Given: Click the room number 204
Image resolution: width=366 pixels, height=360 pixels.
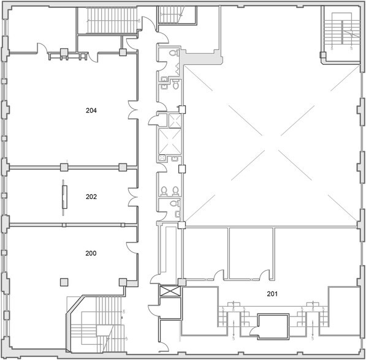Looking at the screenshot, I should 91,111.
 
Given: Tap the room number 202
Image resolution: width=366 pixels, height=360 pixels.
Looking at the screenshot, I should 91,197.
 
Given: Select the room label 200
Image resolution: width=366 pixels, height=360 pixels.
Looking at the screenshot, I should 91,253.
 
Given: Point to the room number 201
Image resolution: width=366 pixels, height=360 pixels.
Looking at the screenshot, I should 273,294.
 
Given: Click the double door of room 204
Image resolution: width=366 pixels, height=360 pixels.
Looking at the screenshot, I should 133,111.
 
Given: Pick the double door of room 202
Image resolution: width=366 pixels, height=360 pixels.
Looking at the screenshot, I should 133,197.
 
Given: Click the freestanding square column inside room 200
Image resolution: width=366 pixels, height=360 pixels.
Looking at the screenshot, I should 63,281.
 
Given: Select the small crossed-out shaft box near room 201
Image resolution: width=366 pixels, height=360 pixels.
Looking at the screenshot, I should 169,292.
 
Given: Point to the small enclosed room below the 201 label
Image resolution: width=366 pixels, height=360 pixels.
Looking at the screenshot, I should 272,325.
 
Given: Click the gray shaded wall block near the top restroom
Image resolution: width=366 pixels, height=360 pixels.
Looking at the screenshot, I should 202,58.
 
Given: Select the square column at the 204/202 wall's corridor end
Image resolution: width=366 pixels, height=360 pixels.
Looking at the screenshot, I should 123,167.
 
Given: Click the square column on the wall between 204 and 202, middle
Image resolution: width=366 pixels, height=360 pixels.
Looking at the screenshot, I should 64,167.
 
